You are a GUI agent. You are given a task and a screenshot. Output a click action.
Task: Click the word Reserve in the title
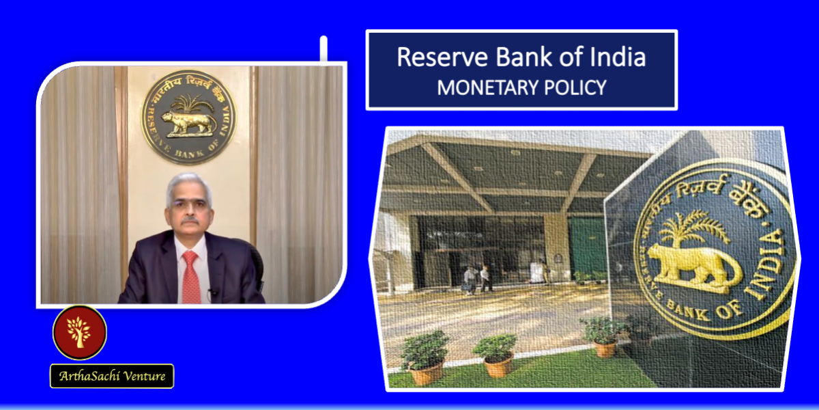442,57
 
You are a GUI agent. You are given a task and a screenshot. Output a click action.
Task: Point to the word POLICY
575,88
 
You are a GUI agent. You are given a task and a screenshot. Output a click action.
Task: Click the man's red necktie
191,277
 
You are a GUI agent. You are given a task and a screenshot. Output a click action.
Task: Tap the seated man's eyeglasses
189,204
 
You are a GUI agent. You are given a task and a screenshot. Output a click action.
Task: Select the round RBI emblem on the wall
189,118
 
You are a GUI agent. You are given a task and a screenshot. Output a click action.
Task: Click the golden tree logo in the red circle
79,332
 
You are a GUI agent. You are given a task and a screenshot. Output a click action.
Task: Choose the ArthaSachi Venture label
112,376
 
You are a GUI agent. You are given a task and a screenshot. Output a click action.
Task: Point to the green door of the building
588,249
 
